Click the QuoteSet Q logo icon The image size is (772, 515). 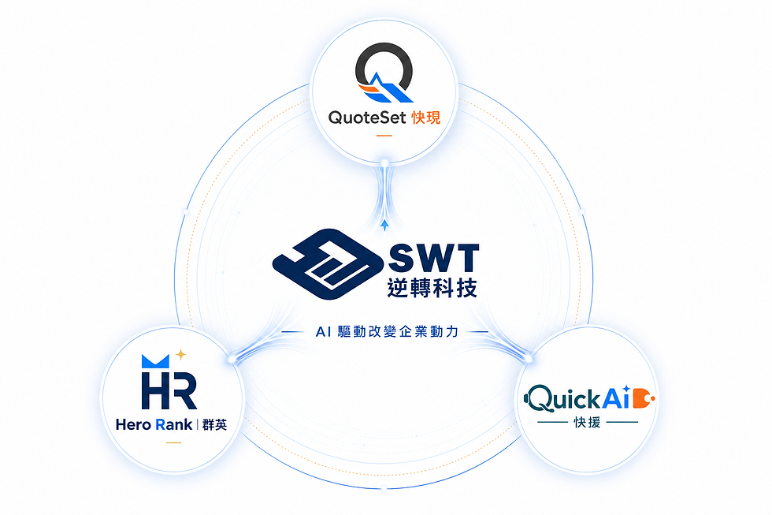[384, 73]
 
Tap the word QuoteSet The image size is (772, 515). [367, 118]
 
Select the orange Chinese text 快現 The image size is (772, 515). [426, 118]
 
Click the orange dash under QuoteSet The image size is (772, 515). [384, 136]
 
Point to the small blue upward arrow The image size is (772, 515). [384, 226]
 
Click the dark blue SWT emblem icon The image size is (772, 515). [328, 264]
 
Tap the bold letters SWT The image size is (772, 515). [434, 257]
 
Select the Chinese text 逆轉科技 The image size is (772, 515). [432, 288]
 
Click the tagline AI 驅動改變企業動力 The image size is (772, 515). [387, 332]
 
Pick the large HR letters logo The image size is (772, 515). [169, 391]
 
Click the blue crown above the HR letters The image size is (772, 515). [155, 361]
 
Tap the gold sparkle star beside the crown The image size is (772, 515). [180, 354]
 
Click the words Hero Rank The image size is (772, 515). [154, 424]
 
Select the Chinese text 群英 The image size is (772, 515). [214, 425]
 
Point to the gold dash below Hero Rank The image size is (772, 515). [173, 442]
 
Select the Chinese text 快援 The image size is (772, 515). [588, 423]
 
